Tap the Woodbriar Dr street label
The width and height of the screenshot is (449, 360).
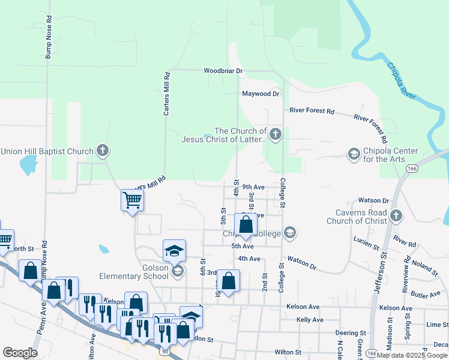point(223,71)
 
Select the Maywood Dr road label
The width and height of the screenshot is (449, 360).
point(261,94)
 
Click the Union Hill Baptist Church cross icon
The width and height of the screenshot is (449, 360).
point(103,151)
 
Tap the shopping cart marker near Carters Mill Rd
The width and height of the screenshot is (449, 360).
point(131,200)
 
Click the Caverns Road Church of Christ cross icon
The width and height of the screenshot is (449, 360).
point(395,215)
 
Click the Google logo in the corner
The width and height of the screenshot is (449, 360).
point(20,353)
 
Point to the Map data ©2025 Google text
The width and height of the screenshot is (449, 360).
point(412,355)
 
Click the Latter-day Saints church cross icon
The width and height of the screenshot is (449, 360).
point(275,134)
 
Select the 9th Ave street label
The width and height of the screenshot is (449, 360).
point(253,187)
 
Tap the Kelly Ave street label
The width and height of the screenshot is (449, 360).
point(310,320)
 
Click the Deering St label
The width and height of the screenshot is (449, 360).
point(351,332)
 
